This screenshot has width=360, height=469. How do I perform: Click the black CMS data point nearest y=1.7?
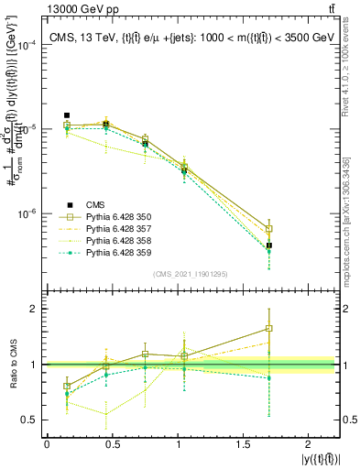[x=269, y=245]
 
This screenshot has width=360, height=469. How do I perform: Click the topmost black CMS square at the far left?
[x=67, y=115]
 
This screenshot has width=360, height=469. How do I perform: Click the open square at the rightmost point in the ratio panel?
[x=269, y=328]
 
